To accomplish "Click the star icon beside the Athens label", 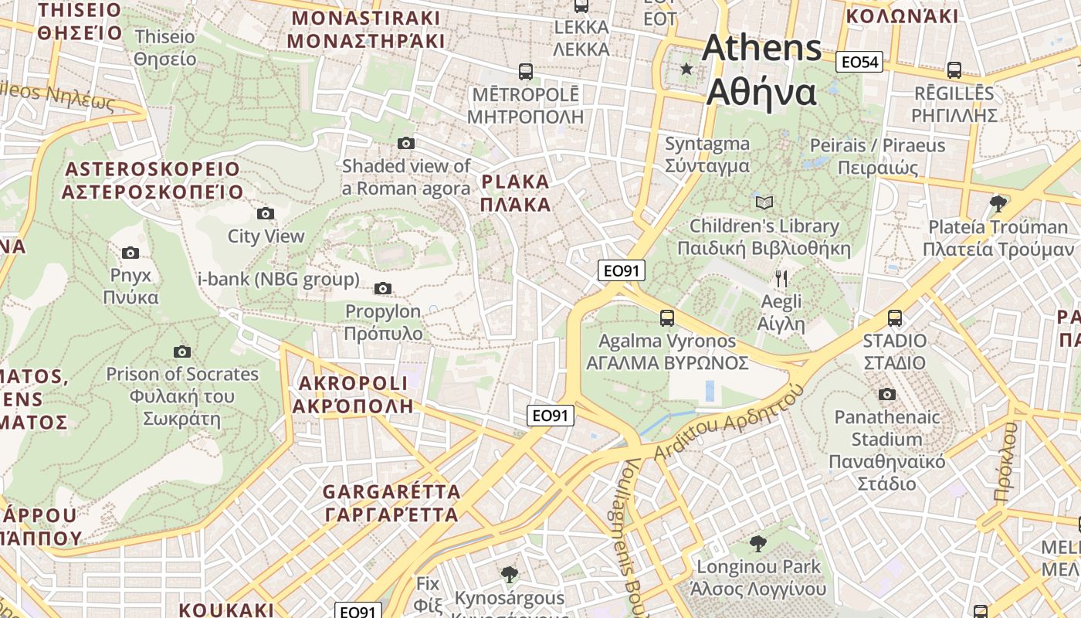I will (686, 70).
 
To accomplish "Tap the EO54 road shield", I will (859, 62).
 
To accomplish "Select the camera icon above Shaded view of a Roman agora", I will (406, 143).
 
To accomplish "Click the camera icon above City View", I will (266, 213).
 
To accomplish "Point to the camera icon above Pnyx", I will (130, 253).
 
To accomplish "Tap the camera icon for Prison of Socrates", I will (182, 351).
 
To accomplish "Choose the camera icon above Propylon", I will (383, 289).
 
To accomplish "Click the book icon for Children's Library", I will (764, 202).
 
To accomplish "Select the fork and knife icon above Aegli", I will (781, 278).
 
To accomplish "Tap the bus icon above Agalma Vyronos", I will (667, 317).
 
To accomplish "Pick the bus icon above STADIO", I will (894, 317).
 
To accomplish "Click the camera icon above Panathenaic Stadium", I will (886, 394).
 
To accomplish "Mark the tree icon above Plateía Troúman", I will (998, 204).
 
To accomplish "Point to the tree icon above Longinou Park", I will (757, 543).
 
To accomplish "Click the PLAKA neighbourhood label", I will (515, 193).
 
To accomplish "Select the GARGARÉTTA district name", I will (391, 503).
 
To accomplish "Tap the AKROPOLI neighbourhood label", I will (353, 394).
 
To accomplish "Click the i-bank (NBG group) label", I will (279, 279).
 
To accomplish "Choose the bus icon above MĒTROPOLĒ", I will (526, 72).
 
